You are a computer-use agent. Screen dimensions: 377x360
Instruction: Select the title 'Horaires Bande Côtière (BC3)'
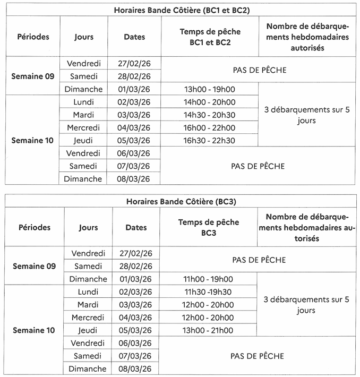(x=181, y=201)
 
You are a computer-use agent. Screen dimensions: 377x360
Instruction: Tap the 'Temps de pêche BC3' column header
(x=209, y=227)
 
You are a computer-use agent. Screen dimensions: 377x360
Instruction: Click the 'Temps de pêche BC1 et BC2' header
(x=210, y=37)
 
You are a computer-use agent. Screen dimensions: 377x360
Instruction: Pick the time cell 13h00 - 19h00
(x=209, y=89)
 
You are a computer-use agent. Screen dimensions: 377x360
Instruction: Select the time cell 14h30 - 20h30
(x=209, y=115)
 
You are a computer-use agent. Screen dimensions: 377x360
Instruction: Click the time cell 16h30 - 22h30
(x=209, y=141)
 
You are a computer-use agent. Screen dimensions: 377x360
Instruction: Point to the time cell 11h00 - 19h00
(x=208, y=279)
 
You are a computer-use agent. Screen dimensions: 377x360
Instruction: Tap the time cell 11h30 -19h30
(x=208, y=292)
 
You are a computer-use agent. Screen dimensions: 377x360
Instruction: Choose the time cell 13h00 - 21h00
(x=208, y=330)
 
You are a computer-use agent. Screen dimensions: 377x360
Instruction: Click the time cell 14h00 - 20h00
(x=209, y=102)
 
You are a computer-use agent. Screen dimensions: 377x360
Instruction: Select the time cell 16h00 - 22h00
(x=209, y=127)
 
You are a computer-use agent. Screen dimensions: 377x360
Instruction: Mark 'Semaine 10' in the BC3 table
(x=33, y=330)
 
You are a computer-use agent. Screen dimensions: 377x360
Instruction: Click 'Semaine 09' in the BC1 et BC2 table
(x=33, y=76)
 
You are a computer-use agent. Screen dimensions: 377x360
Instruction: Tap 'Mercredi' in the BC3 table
(x=88, y=318)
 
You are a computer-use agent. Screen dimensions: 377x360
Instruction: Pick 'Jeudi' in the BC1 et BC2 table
(x=84, y=141)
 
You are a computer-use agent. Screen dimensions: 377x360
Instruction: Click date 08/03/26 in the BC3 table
(x=136, y=369)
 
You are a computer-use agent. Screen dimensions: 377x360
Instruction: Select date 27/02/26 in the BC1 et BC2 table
(x=134, y=63)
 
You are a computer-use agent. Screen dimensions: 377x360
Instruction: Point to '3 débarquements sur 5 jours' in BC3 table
(x=306, y=305)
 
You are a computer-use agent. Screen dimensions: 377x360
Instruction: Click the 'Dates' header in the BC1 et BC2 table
(x=134, y=37)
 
